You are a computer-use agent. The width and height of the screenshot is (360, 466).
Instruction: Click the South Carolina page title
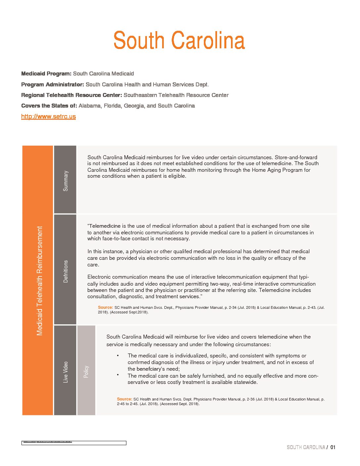pos(179,40)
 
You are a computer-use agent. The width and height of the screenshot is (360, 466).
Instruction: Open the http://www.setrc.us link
pos(48,117)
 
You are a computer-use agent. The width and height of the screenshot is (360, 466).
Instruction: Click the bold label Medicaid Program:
pos(46,73)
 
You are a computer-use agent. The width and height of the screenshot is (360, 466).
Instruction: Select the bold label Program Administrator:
pos(53,84)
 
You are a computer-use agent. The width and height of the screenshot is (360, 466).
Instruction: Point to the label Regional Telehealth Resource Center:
pos(71,95)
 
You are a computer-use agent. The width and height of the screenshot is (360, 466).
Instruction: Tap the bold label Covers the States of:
pos(49,106)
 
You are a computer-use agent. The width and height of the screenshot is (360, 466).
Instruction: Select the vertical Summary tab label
pos(66,181)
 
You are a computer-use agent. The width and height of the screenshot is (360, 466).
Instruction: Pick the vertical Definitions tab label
pos(66,271)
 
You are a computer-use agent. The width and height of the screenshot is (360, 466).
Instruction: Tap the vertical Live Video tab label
pos(66,372)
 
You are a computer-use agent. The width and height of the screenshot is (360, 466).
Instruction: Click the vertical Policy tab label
pos(86,371)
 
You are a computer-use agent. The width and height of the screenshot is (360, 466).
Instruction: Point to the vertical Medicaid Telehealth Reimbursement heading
pos(40,281)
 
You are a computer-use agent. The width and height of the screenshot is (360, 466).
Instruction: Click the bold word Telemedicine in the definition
pos(105,226)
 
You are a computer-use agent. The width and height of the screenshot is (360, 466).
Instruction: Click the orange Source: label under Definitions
pos(105,307)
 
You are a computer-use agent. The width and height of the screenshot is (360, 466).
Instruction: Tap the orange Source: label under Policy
pos(124,399)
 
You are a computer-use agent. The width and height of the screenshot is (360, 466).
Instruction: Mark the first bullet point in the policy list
pos(118,355)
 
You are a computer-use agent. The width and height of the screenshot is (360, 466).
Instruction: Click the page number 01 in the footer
pos(333,447)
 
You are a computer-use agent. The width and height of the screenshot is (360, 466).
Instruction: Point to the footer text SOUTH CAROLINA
pos(306,447)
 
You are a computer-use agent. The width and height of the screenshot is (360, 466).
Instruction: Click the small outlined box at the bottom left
pos(74,443)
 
